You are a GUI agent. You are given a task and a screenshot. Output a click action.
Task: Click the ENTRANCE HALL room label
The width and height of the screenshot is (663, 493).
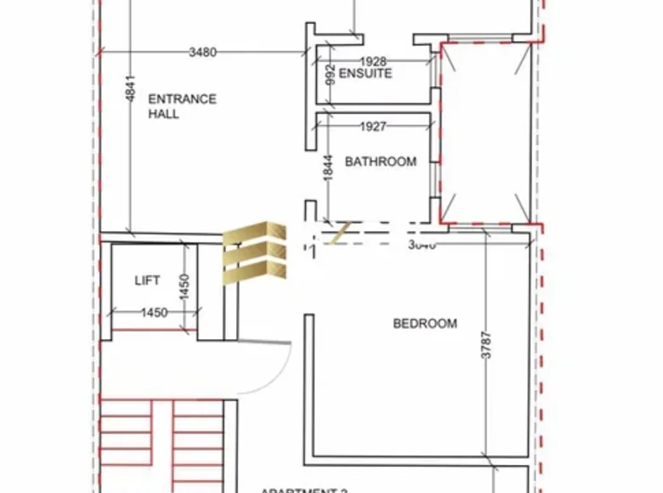point(182,106)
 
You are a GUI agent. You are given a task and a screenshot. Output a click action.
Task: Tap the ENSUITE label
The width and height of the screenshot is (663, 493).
point(365,73)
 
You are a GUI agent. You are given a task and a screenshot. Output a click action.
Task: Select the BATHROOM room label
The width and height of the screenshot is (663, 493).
point(380,161)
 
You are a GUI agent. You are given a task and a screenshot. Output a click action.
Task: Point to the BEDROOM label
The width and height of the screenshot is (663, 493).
point(424,323)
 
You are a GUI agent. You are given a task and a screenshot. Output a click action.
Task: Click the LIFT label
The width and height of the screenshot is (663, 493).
point(147,280)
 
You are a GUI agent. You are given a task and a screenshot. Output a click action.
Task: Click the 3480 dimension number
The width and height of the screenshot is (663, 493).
point(202,52)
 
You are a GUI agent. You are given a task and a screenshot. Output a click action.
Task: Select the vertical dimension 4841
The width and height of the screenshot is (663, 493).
point(129,88)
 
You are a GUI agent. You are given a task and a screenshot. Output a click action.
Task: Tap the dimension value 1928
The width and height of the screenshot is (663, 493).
point(374,60)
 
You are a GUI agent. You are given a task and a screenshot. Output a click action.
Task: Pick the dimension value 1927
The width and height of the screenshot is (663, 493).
point(372,127)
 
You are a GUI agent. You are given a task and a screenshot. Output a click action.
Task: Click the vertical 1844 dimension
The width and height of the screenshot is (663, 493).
point(328,167)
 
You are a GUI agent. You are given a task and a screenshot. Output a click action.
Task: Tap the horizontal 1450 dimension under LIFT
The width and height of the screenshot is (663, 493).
point(154,313)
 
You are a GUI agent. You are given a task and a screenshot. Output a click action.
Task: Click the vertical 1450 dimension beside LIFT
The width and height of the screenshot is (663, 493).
point(184,286)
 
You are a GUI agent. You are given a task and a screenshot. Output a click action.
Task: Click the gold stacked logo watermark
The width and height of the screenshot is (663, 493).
point(256,251)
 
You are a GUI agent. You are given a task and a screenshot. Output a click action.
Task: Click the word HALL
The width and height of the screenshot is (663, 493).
point(163,114)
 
